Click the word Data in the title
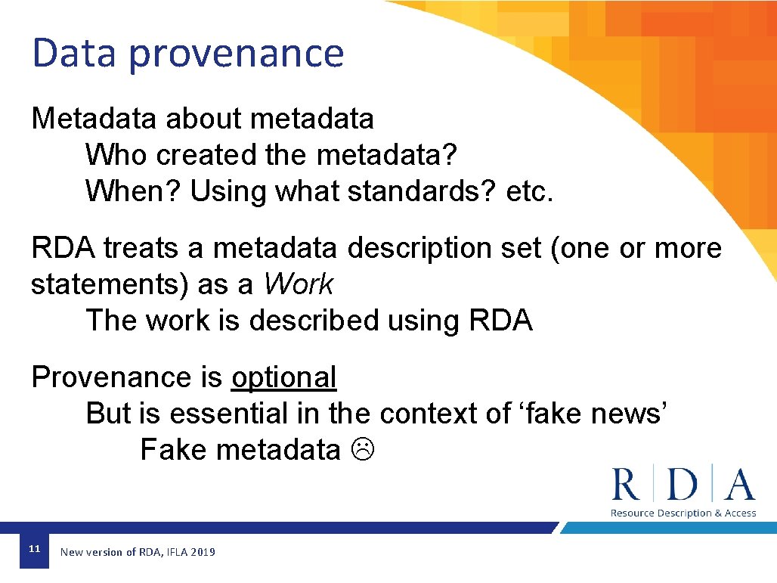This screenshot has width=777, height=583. click(x=75, y=54)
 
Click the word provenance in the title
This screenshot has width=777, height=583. click(x=236, y=55)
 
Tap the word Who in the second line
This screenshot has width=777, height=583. click(x=116, y=155)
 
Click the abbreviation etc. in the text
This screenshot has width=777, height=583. click(x=530, y=191)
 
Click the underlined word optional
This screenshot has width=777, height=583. click(x=283, y=377)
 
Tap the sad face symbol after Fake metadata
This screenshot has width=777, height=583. click(x=362, y=450)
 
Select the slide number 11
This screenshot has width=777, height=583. click(x=33, y=548)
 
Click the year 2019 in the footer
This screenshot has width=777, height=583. click(x=203, y=552)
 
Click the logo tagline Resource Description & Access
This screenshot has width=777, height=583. click(x=683, y=513)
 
